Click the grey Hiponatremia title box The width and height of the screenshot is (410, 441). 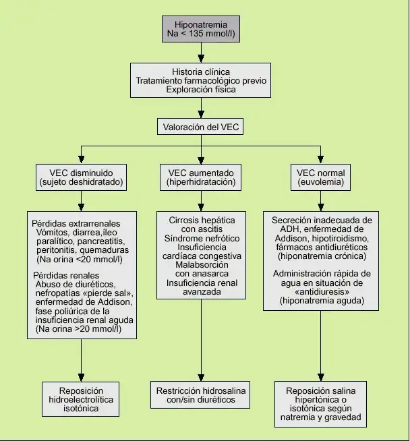pyautogui.click(x=201, y=29)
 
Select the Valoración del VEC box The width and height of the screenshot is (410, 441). pyautogui.click(x=200, y=127)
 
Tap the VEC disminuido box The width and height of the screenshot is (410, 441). pyautogui.click(x=82, y=177)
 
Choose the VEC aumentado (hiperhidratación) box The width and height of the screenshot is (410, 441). pyautogui.click(x=201, y=177)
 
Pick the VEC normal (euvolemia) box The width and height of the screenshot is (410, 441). pyautogui.click(x=320, y=177)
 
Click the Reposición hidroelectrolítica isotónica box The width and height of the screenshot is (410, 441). pyautogui.click(x=81, y=399)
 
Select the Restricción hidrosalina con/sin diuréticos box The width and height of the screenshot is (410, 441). pyautogui.click(x=200, y=395)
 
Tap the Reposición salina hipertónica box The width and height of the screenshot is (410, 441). pyautogui.click(x=320, y=404)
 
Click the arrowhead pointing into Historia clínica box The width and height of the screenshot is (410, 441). pyautogui.click(x=201, y=59)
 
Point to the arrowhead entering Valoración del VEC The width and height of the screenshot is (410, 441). pyautogui.click(x=201, y=114)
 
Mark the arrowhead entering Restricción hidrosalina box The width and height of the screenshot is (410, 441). pyautogui.click(x=201, y=378)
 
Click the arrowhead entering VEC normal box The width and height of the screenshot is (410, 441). pyautogui.click(x=320, y=160)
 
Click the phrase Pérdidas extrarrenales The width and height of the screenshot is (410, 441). pyautogui.click(x=76, y=224)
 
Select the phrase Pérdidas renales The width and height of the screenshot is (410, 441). pyautogui.click(x=66, y=275)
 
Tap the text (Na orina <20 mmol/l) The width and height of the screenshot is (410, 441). pyautogui.click(x=80, y=260)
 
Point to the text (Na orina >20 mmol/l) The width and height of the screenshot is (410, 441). pyautogui.click(x=78, y=329)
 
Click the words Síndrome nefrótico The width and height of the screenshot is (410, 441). pyautogui.click(x=202, y=238)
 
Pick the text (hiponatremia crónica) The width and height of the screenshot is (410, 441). pyautogui.click(x=322, y=256)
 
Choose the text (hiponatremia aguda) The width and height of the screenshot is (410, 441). pyautogui.click(x=322, y=301)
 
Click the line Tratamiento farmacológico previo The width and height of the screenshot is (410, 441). pyautogui.click(x=201, y=81)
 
